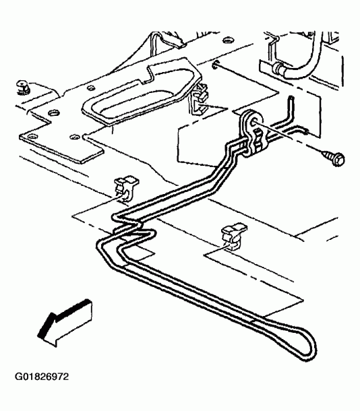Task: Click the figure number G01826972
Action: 41,377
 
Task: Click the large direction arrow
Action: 64,323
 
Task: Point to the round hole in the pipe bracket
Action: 253,122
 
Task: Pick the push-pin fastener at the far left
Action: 23,87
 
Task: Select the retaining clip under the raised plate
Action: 200,100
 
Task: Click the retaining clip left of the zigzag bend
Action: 125,189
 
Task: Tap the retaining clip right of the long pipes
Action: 233,236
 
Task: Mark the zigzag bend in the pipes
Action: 131,226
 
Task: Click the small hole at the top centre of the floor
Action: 228,40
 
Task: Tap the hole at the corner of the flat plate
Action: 32,136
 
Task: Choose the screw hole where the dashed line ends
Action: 216,64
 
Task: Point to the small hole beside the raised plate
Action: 91,88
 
